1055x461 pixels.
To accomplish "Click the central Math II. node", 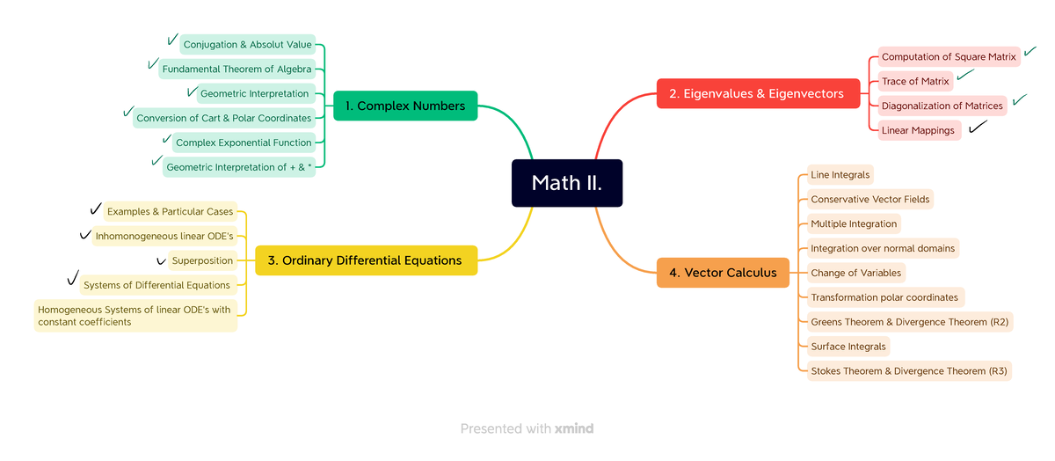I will pos(567,183).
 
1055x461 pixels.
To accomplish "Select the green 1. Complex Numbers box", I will pos(405,106).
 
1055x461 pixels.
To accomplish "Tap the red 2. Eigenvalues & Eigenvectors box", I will pos(758,93).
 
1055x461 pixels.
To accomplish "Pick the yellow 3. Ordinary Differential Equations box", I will pos(366,260).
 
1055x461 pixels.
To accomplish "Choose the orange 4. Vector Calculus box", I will pos(723,273).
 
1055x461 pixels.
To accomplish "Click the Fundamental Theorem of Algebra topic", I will pos(236,69).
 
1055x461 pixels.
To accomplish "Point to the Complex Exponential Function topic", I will pos(244,143).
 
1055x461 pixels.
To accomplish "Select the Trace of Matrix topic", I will pos(915,81).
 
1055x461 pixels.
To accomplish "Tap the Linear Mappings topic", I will pos(918,130).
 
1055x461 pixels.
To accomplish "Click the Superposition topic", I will pos(202,260).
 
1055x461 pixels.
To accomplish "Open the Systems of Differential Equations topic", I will pos(156,285).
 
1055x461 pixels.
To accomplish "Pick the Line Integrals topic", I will pos(840,174).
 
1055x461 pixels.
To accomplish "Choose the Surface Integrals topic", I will pos(848,347).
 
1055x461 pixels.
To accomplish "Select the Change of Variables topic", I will pos(855,273).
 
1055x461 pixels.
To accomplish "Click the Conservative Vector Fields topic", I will pos(869,199).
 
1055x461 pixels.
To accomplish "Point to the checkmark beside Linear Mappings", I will pos(978,128).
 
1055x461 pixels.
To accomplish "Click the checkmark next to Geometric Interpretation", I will pos(192,91).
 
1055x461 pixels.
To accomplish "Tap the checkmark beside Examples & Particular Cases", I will pos(96,209).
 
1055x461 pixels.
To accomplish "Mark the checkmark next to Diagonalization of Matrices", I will pos(1020,100).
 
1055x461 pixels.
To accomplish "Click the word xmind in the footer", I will pos(574,428).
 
